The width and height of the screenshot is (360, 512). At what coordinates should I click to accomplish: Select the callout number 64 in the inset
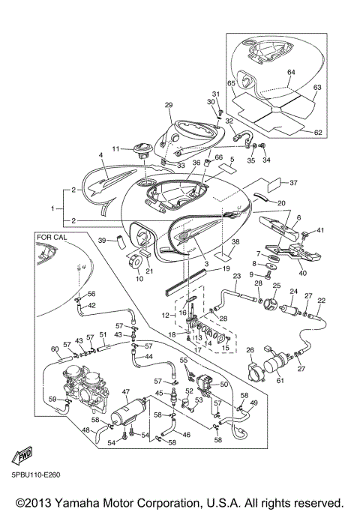coord(292,72)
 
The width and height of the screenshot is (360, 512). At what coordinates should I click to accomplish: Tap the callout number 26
coord(251,349)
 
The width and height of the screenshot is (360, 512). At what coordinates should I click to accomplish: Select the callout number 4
coord(100,155)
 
